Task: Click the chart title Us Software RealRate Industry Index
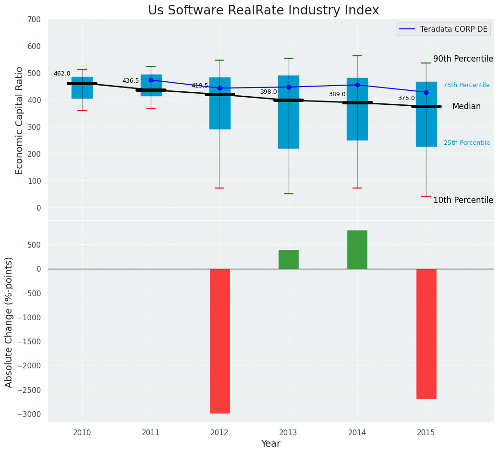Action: [x=263, y=11]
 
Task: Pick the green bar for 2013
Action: [x=289, y=260]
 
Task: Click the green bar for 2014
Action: [x=357, y=250]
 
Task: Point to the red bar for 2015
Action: [x=426, y=334]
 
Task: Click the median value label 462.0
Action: [x=62, y=74]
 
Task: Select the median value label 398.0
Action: [x=268, y=92]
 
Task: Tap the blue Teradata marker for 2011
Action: [x=151, y=80]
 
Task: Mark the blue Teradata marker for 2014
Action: [x=357, y=85]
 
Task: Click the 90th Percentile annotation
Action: [x=463, y=59]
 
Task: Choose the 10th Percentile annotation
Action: [x=463, y=200]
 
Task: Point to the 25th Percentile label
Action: [x=466, y=143]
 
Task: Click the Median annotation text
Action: [x=466, y=107]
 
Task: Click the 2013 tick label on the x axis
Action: [x=289, y=433]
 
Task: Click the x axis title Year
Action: [x=270, y=444]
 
